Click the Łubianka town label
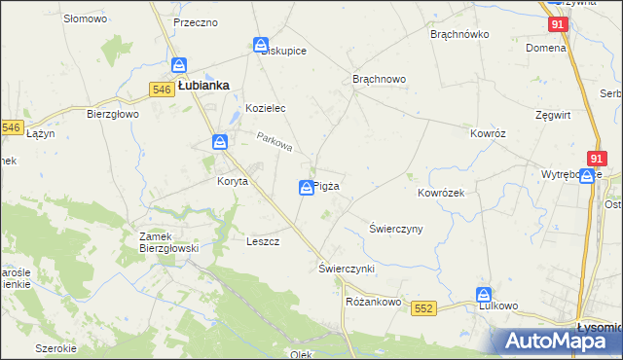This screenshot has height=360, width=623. pos(203,85)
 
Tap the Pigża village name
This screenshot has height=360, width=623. pos(327,186)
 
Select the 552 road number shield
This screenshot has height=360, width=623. pos(422,307)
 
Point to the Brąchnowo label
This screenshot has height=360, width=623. pos(379,79)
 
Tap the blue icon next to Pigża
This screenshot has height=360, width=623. pos(306,187)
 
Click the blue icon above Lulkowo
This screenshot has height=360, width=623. pos(484,294)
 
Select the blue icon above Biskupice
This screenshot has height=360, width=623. pos(261,45)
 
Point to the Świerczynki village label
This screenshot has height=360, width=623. pos(347,267)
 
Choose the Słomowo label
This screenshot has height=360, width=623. pos(84,18)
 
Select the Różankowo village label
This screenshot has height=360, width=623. pos(374,302)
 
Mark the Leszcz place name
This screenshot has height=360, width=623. pos(264,241)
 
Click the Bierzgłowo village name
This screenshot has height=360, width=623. pos(114,114)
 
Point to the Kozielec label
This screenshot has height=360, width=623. pos(265,108)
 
